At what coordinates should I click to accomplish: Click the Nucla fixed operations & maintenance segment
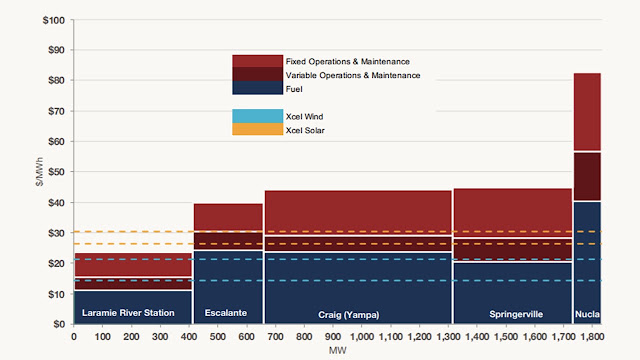tap(587, 112)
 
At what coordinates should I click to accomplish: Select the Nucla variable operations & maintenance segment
tap(587, 176)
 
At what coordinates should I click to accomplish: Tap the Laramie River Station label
tap(128, 313)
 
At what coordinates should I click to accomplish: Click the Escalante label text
tap(226, 313)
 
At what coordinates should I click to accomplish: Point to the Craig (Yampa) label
tap(349, 315)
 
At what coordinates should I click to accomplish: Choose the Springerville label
tap(516, 314)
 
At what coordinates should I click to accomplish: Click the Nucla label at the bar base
tap(587, 314)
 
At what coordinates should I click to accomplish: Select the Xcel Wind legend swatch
tap(258, 116)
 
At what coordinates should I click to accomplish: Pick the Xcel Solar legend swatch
tap(258, 129)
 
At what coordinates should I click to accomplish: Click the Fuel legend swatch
tap(258, 88)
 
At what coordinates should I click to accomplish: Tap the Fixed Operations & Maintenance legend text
tap(347, 62)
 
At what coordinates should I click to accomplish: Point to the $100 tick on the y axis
tap(54, 20)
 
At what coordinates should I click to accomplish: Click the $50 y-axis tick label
tap(56, 172)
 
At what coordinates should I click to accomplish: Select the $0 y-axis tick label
tap(59, 324)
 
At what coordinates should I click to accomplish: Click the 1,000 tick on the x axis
tap(362, 337)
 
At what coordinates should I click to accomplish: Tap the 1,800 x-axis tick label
tap(592, 337)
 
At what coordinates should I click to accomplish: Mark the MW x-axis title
tap(338, 350)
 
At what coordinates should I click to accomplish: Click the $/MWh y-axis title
tap(39, 172)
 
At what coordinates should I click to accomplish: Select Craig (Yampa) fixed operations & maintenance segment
tap(358, 213)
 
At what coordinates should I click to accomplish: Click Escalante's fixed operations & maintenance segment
tap(228, 217)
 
